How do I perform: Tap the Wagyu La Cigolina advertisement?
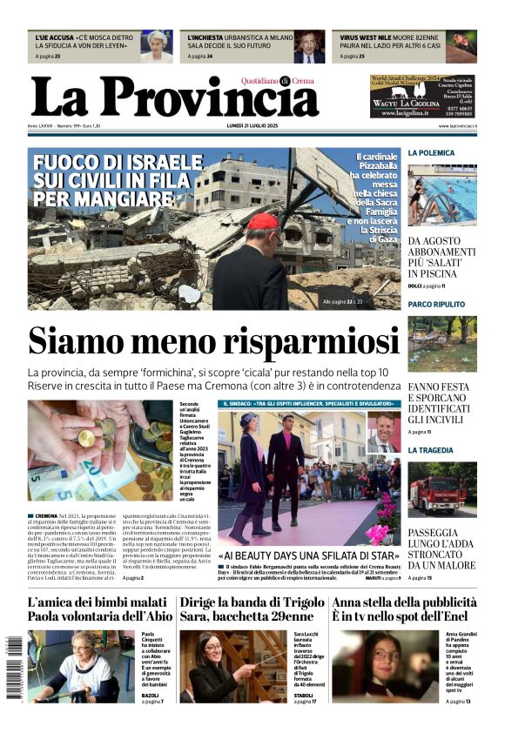pyautogui.click(x=422, y=96)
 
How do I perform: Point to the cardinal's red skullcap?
pyautogui.click(x=262, y=221)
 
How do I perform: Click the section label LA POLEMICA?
pyautogui.click(x=432, y=153)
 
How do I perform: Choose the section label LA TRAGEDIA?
pyautogui.click(x=431, y=450)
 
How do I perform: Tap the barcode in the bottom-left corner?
pyautogui.click(x=16, y=670)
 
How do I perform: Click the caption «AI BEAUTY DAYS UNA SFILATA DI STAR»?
pyautogui.click(x=309, y=555)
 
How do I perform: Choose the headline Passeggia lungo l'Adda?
pyautogui.click(x=442, y=547)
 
